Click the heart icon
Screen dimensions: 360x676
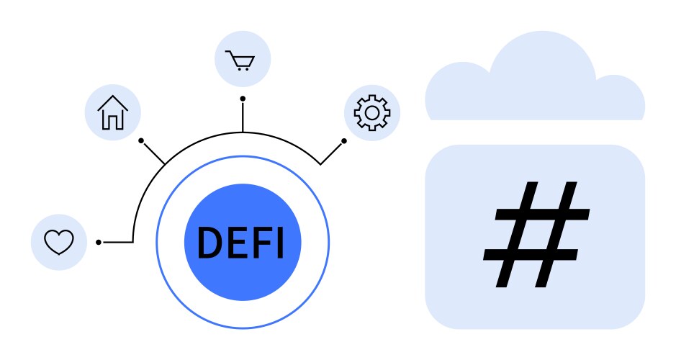pos(59,242)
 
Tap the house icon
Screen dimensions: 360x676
pos(113,112)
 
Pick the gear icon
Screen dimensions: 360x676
pos(371,112)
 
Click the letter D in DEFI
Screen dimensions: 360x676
pos(208,243)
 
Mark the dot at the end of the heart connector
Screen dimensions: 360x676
pos(98,242)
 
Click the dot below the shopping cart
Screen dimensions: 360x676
pos(243,98)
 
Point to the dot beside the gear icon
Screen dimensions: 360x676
pos(344,140)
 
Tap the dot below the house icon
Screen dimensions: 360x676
pos(141,140)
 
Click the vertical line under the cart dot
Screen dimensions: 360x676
pos(243,117)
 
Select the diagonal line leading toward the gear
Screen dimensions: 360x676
pos(331,153)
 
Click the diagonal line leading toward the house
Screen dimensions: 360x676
pos(154,153)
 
